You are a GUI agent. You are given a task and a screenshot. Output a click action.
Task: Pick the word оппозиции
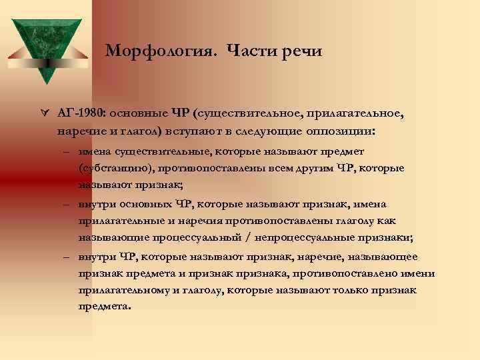pyautogui.click(x=337, y=131)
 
